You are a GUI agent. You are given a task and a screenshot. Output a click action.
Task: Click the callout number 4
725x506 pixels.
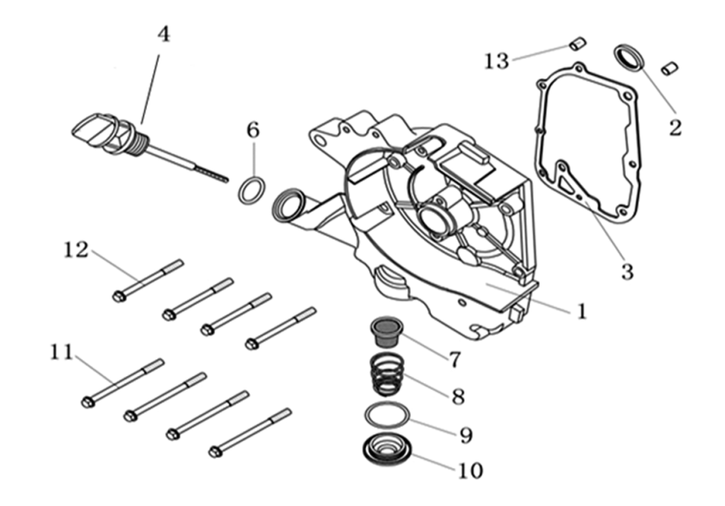[x=164, y=35]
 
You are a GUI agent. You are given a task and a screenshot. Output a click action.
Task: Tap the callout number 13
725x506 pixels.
[x=497, y=61]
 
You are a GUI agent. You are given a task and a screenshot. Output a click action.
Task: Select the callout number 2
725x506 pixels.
[x=675, y=127]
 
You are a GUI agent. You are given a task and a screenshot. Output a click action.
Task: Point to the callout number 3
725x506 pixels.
[x=626, y=272]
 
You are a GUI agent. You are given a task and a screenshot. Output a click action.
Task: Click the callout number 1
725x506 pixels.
[x=582, y=311]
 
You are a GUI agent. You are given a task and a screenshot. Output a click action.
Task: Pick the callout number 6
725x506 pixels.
[x=253, y=131]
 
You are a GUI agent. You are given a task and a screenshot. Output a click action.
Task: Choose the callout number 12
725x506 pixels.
[x=76, y=250]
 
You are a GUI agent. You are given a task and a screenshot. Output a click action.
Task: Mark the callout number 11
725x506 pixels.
[x=61, y=352]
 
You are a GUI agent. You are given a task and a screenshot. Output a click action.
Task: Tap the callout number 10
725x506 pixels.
[x=470, y=469]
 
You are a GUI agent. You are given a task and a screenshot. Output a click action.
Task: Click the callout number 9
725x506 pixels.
[x=466, y=435]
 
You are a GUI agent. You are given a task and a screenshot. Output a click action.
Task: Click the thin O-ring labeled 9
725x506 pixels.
[x=388, y=415]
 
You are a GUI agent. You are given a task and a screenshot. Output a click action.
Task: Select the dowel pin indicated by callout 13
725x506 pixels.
[x=577, y=43]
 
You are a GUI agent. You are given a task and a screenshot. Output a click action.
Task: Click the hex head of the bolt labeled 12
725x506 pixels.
[x=119, y=296]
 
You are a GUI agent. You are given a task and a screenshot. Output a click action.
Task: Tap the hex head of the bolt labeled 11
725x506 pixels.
[x=88, y=402]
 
